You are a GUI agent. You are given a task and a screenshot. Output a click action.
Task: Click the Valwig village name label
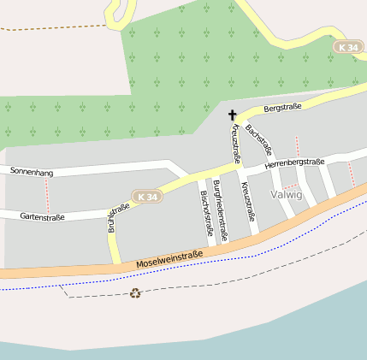click(x=286, y=195)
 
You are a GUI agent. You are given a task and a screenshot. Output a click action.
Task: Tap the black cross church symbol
click(x=232, y=114)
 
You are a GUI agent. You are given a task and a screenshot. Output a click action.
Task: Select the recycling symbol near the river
click(x=135, y=293)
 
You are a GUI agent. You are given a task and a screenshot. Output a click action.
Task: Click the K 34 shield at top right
click(x=346, y=48)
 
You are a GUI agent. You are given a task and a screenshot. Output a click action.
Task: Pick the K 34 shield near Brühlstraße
click(x=147, y=197)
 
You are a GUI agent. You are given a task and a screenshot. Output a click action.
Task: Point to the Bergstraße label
click(x=282, y=109)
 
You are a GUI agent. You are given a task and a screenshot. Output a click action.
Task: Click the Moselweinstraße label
click(x=169, y=260)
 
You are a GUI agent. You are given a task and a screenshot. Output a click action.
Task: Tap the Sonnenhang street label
click(x=32, y=173)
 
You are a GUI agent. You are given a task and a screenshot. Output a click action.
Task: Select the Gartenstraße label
click(x=42, y=217)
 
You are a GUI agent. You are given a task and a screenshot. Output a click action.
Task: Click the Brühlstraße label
click(x=118, y=218)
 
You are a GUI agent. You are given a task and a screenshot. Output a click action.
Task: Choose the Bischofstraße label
click(x=205, y=214)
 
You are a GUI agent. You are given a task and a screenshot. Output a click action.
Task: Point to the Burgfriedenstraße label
click(x=220, y=210)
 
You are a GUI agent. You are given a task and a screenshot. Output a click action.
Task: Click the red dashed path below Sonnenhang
click(x=48, y=201)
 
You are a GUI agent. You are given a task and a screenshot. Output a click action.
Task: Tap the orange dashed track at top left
click(x=51, y=27)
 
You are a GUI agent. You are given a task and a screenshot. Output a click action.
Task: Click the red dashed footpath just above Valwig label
click(x=289, y=185)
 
